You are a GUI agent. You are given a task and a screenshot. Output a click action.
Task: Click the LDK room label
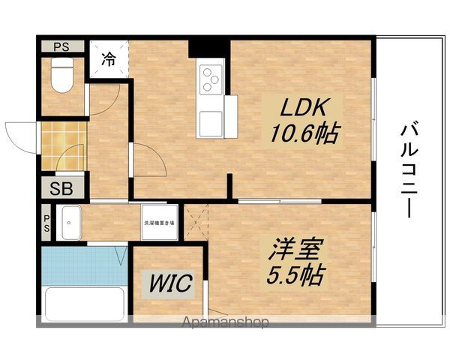(302, 108)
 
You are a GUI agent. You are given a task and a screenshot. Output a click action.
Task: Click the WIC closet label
(169, 283)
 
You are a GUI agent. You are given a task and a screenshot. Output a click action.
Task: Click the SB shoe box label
(62, 187)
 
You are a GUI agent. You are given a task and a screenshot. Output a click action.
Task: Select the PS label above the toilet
(61, 46)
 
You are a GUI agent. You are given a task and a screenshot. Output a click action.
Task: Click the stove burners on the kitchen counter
(211, 77)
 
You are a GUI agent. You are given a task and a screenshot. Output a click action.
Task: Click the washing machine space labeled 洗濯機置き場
(160, 223)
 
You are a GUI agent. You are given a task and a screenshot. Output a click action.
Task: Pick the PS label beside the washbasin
(46, 223)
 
